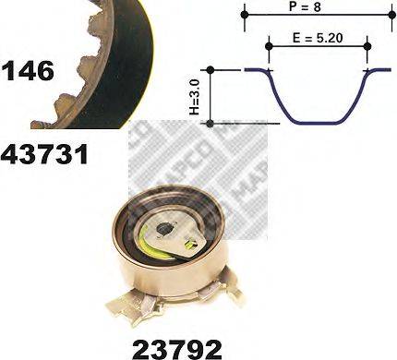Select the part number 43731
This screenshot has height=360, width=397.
coord(44,153)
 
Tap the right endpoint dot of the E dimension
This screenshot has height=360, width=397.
coord(368,44)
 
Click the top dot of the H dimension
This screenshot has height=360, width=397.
coord(211,70)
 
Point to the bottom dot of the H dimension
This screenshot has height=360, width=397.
coord(211,122)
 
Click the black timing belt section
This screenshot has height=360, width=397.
coord(111,55)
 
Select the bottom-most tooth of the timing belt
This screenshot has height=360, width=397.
coord(42,121)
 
